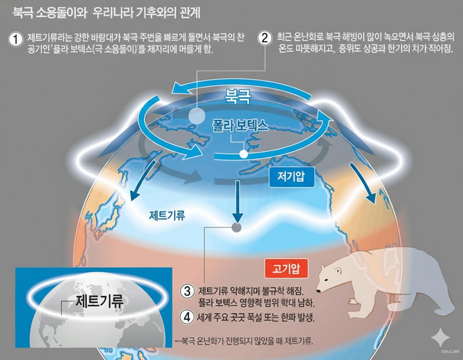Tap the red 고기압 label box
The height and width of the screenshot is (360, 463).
[283, 270]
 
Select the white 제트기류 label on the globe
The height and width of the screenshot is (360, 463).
[167, 215]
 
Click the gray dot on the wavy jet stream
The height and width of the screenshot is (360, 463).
[236, 228]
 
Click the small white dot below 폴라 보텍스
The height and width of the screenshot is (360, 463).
[244, 154]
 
